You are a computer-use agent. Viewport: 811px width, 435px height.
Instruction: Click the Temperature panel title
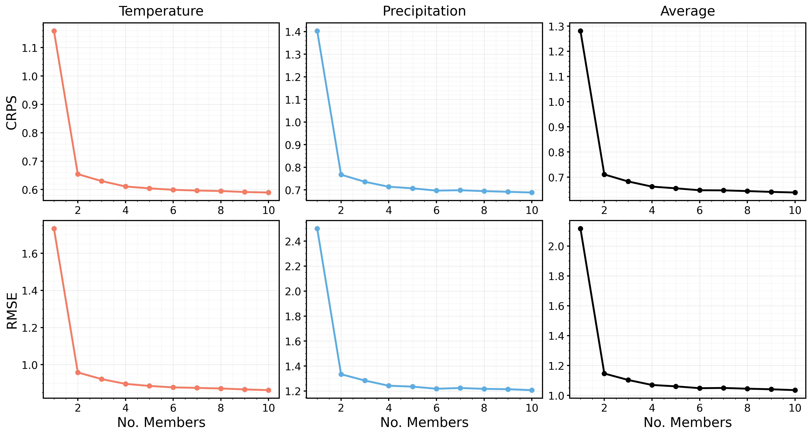pyautogui.click(x=161, y=11)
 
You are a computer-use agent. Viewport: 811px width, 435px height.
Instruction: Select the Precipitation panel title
pyautogui.click(x=424, y=11)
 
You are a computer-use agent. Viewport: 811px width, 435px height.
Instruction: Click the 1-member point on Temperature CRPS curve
pyautogui.click(x=54, y=31)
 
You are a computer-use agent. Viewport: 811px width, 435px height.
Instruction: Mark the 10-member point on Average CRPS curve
pyautogui.click(x=795, y=192)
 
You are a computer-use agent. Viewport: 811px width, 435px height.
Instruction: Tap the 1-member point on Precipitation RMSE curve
pyautogui.click(x=317, y=229)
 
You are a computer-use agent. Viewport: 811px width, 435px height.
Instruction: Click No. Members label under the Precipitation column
pyautogui.click(x=424, y=422)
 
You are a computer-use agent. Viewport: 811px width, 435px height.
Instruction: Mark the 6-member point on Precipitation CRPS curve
pyautogui.click(x=436, y=191)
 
